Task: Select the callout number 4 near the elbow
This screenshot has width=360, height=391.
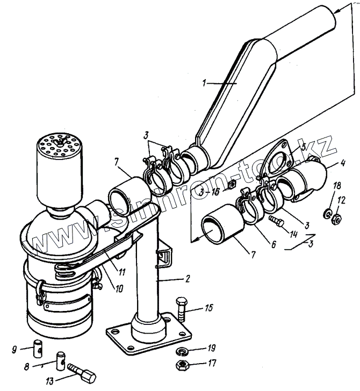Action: (x=342, y=163)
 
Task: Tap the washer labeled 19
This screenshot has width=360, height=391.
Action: (x=181, y=351)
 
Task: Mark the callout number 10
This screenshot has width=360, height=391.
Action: (x=119, y=288)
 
